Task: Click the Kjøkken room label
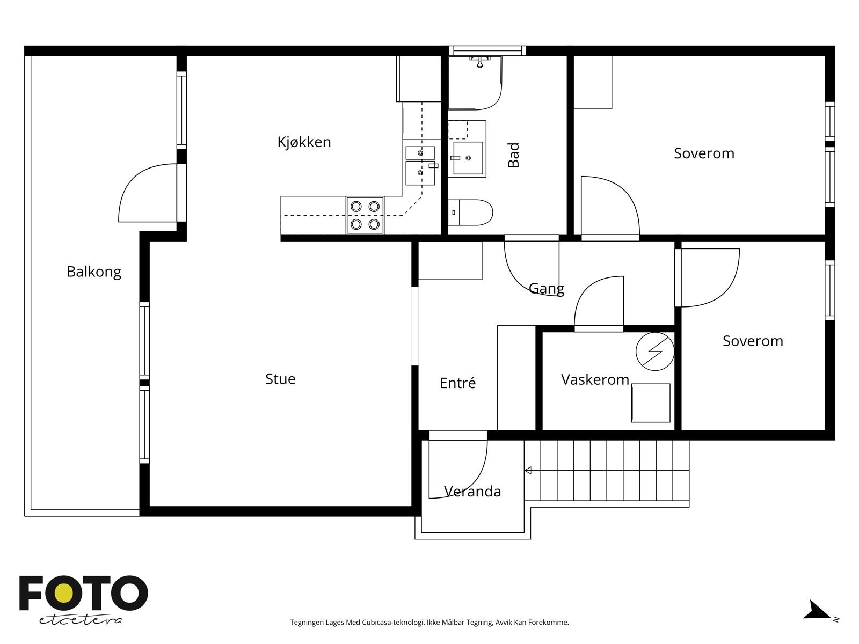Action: click(x=304, y=142)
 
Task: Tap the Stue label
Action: click(x=280, y=379)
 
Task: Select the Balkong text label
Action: click(x=94, y=272)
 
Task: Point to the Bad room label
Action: click(x=513, y=155)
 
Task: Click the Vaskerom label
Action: click(x=595, y=379)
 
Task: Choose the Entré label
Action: click(x=457, y=383)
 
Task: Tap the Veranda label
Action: click(x=472, y=492)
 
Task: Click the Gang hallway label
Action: click(x=547, y=289)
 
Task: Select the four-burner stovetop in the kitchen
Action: click(x=365, y=215)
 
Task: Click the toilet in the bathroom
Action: click(x=470, y=213)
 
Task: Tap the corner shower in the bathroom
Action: click(x=475, y=83)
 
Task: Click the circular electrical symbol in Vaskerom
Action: click(x=654, y=352)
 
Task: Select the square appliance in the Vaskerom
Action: click(x=650, y=402)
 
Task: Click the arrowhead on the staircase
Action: click(x=528, y=471)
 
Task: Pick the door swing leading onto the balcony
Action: click(x=147, y=193)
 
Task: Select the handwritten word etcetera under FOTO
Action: click(x=80, y=620)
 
